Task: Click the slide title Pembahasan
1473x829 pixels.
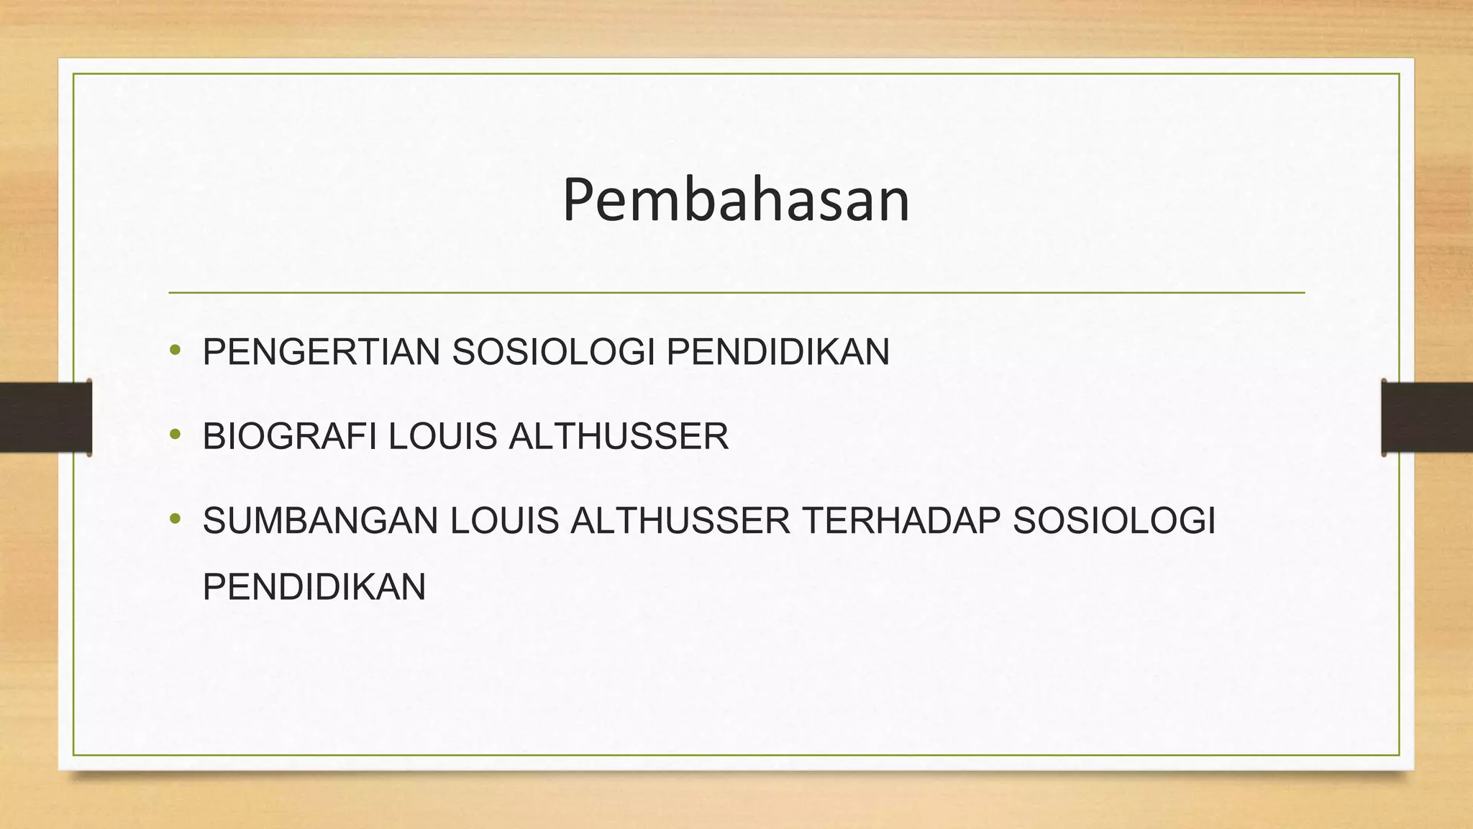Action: pyautogui.click(x=736, y=200)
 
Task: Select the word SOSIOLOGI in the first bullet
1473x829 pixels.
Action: pyautogui.click(x=553, y=353)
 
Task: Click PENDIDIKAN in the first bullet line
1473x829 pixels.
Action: pyautogui.click(x=778, y=353)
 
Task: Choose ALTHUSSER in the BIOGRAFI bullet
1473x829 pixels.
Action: pyautogui.click(x=619, y=437)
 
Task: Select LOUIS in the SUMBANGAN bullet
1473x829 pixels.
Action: pyautogui.click(x=504, y=521)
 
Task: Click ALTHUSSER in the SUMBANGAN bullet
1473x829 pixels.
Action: pyautogui.click(x=680, y=521)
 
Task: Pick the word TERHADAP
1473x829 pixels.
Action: pyautogui.click(x=901, y=521)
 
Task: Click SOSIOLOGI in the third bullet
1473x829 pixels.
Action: pyautogui.click(x=1114, y=521)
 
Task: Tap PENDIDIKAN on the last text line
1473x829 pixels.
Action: pyautogui.click(x=314, y=587)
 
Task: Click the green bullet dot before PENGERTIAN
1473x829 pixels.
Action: pyautogui.click(x=175, y=350)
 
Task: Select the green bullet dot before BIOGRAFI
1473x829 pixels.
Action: pyautogui.click(x=175, y=435)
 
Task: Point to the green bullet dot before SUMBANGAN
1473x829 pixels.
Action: pyautogui.click(x=175, y=518)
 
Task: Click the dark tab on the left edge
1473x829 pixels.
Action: pyautogui.click(x=45, y=417)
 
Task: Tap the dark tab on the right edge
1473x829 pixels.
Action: pyautogui.click(x=1427, y=417)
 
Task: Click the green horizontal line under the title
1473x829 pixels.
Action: pyautogui.click(x=736, y=293)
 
